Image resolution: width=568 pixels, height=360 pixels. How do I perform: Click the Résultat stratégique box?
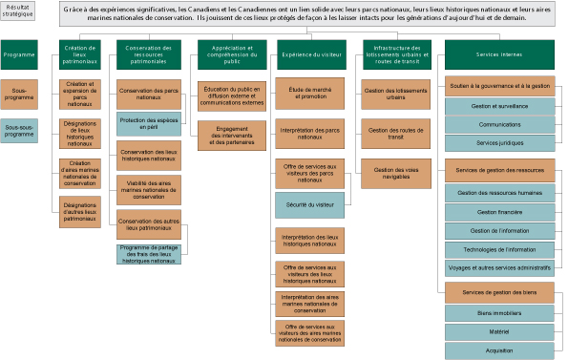pyautogui.click(x=18, y=11)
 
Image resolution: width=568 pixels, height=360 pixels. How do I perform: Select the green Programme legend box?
pyautogui.click(x=19, y=55)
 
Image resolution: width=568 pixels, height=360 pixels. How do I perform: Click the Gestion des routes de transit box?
pyautogui.click(x=396, y=133)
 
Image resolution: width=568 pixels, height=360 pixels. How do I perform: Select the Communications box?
pyautogui.click(x=499, y=124)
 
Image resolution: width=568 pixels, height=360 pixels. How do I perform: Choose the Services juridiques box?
pyautogui.click(x=499, y=142)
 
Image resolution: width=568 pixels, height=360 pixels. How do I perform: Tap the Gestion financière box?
pyautogui.click(x=499, y=212)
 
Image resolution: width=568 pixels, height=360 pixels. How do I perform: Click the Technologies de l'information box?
pyautogui.click(x=499, y=249)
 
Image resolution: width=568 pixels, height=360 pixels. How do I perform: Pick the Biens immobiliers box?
pyautogui.click(x=499, y=312)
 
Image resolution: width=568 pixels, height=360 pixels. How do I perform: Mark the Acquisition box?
pyautogui.click(x=499, y=350)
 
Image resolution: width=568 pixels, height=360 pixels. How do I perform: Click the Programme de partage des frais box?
pyautogui.click(x=148, y=255)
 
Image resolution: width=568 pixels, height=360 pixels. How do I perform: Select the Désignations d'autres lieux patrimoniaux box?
pyautogui.click(x=80, y=212)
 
